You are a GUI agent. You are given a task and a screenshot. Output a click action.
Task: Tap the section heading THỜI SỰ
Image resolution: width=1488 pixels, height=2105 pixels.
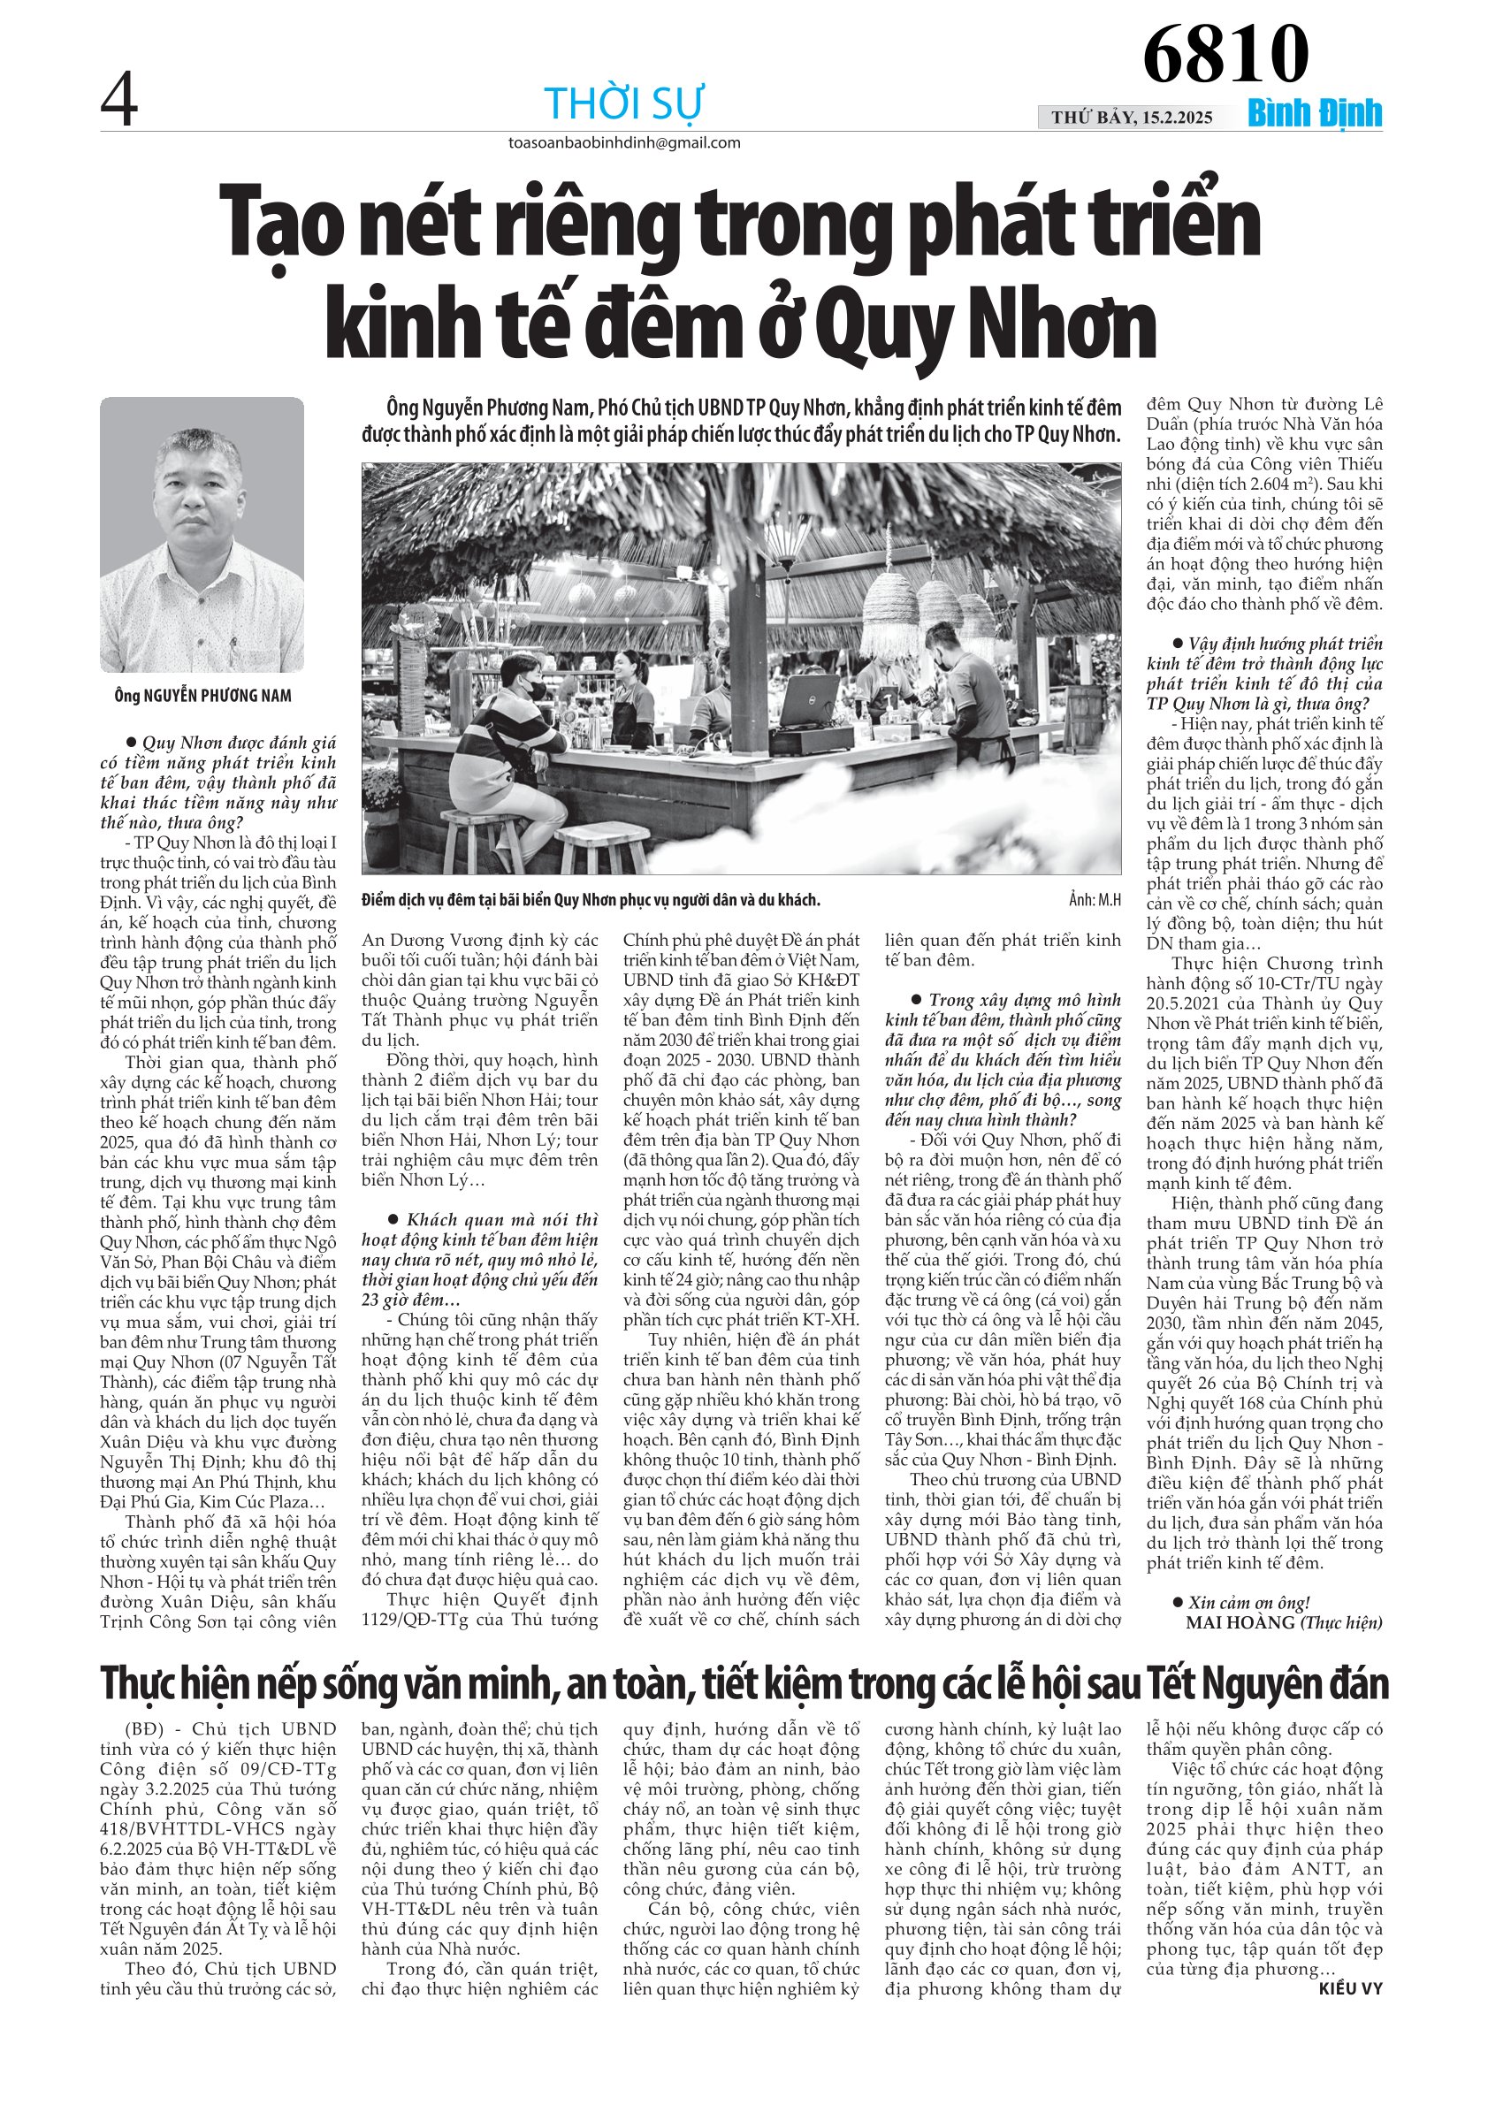(623, 103)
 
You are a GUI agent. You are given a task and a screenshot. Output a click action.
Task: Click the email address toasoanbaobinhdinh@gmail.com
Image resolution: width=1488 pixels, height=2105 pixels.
(624, 143)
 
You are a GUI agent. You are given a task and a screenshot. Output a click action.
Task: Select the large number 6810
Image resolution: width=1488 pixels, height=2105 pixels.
(1225, 54)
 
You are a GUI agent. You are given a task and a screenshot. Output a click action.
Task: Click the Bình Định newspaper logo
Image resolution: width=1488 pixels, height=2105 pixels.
(1314, 114)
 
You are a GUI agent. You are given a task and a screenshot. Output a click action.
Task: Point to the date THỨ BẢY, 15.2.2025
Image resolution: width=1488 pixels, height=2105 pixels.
(1132, 118)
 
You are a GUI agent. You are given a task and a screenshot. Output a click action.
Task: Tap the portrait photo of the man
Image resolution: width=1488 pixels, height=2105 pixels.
(202, 535)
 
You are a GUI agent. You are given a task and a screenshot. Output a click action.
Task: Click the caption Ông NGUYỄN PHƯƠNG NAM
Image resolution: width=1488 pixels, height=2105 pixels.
(202, 696)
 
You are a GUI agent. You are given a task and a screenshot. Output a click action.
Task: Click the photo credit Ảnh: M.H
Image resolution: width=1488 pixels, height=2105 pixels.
(1094, 899)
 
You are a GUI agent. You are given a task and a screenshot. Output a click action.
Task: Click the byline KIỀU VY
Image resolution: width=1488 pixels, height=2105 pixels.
(1349, 1988)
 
